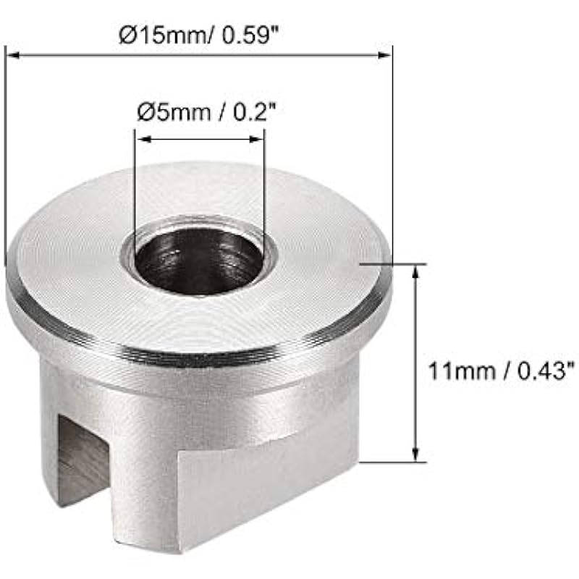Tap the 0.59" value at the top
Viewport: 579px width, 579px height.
tap(250, 35)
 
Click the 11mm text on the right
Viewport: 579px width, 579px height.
tap(462, 371)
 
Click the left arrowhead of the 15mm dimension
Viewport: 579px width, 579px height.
tap(13, 56)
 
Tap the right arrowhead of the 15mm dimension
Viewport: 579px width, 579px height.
tap(384, 56)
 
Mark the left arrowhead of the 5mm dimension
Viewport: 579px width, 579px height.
tap(144, 139)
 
